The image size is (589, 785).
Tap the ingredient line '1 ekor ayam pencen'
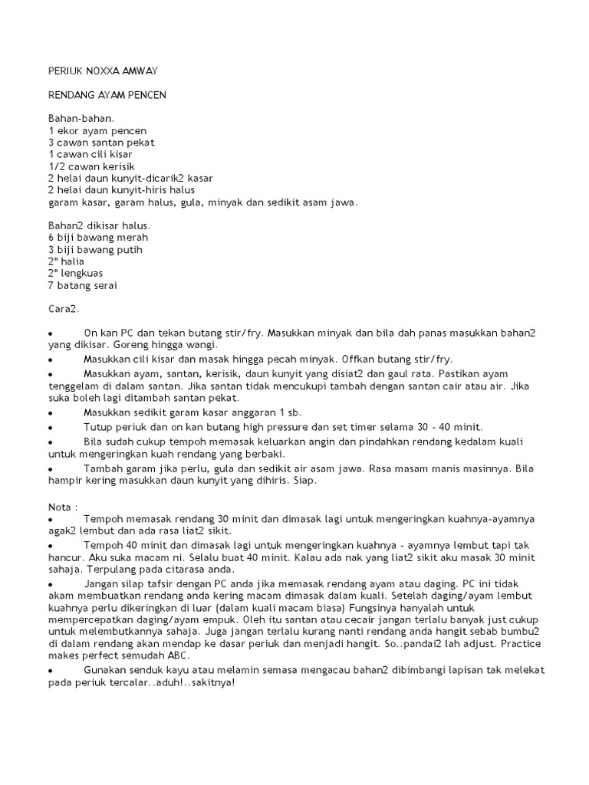97,131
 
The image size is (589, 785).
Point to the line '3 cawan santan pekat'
100,143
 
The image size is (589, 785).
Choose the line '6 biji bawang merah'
97,238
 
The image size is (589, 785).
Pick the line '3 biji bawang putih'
95,250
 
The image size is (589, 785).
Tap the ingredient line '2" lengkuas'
75,274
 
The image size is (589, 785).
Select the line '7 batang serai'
83,285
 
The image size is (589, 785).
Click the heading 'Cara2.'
64,309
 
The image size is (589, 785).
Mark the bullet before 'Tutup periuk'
50,427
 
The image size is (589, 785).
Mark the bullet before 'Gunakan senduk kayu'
50,670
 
